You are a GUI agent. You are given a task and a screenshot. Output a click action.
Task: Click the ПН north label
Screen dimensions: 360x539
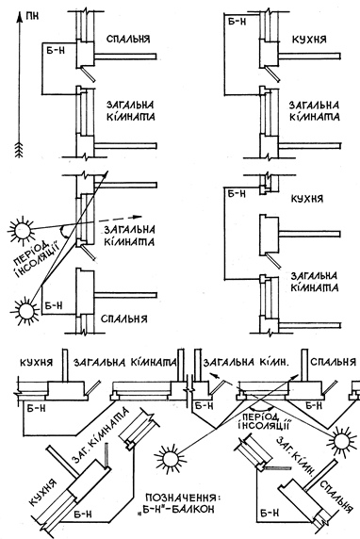click(32, 16)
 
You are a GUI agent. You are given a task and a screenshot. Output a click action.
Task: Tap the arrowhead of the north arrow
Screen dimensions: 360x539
click(19, 15)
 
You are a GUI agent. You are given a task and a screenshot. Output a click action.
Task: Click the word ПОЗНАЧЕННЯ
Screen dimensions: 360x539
click(182, 498)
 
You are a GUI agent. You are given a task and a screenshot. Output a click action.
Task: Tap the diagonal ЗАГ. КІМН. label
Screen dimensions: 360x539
click(296, 455)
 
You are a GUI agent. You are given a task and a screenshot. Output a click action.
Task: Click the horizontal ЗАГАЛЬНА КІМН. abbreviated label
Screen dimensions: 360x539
click(246, 362)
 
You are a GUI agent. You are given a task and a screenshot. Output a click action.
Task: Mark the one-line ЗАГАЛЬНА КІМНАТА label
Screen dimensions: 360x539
click(125, 362)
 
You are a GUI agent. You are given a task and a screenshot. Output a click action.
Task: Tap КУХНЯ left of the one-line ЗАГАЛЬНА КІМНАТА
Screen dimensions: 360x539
click(36, 362)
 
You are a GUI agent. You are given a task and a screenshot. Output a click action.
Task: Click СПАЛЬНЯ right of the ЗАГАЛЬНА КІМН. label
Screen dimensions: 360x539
click(333, 362)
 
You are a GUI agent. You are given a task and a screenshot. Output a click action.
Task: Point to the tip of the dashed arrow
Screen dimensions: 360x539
click(141, 217)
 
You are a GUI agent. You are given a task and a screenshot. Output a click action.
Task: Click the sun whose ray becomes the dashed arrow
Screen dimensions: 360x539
click(22, 229)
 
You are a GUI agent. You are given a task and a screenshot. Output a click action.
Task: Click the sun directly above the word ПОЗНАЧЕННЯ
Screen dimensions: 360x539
click(171, 458)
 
